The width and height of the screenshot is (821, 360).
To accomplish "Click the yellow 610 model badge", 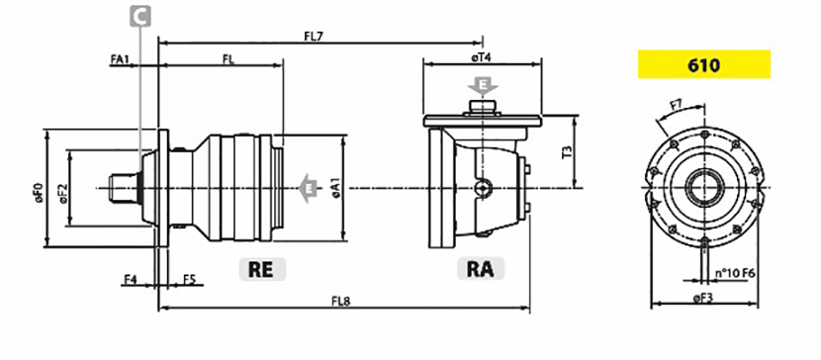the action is (x=703, y=64).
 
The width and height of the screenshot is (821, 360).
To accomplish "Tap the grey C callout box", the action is (x=140, y=16).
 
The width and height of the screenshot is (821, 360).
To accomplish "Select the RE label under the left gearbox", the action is (x=262, y=269).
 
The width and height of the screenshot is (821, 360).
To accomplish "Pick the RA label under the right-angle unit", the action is (x=480, y=269).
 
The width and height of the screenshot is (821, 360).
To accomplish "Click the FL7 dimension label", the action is (x=315, y=37).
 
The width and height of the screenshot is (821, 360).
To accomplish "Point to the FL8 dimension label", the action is (x=340, y=302).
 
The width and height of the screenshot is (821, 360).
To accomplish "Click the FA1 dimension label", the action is (x=120, y=59).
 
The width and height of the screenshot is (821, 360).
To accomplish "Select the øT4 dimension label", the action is (x=481, y=58).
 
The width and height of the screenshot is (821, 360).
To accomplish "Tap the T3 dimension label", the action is (x=567, y=151).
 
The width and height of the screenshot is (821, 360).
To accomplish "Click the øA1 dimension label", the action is (x=335, y=188).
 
